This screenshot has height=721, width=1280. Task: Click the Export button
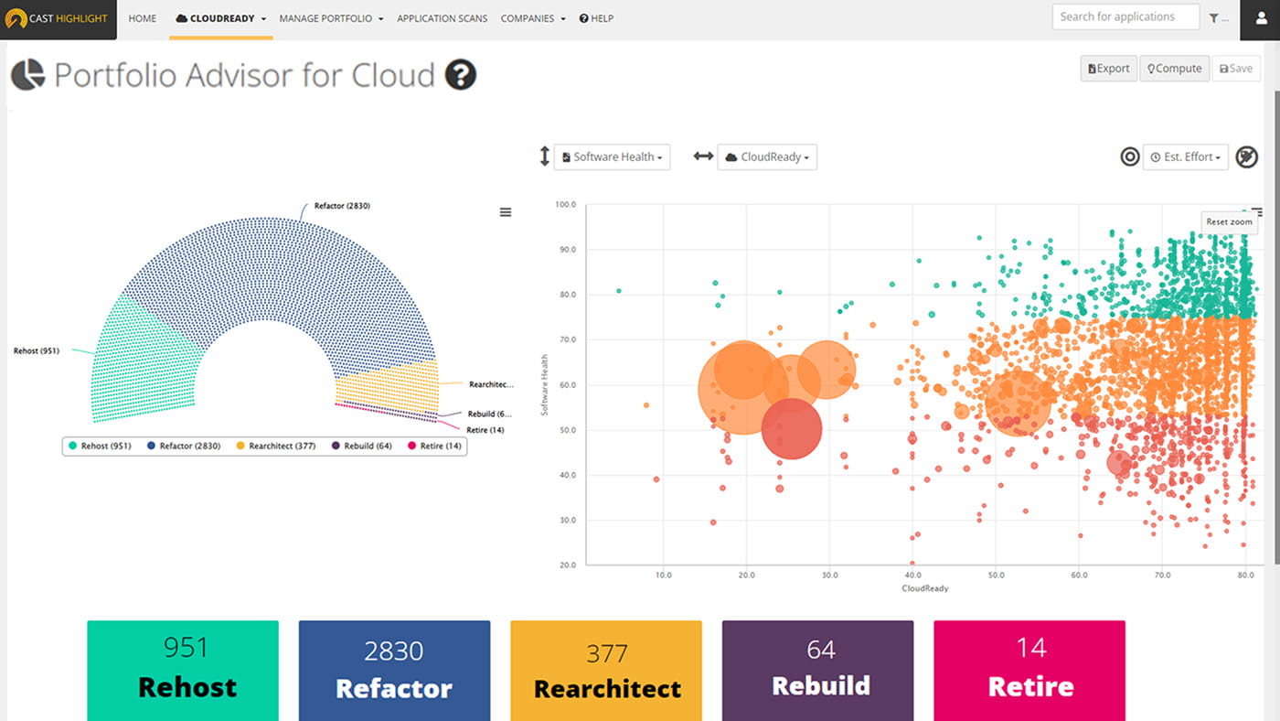(1108, 69)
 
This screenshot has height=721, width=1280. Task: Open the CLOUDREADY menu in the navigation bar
(220, 18)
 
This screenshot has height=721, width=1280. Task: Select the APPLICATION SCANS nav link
(442, 18)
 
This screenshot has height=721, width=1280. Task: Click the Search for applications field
(1125, 16)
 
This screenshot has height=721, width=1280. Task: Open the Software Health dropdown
(612, 156)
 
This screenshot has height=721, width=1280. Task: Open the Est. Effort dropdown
(1185, 156)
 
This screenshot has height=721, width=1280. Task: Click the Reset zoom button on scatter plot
(1229, 221)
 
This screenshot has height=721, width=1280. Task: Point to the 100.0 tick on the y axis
(565, 205)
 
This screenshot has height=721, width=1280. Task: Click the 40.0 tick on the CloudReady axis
(912, 576)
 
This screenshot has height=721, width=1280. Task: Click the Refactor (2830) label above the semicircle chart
(341, 206)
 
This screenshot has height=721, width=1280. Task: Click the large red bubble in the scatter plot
(792, 428)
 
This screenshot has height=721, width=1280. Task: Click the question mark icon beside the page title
(460, 74)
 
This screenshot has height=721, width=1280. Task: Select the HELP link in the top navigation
(596, 18)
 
